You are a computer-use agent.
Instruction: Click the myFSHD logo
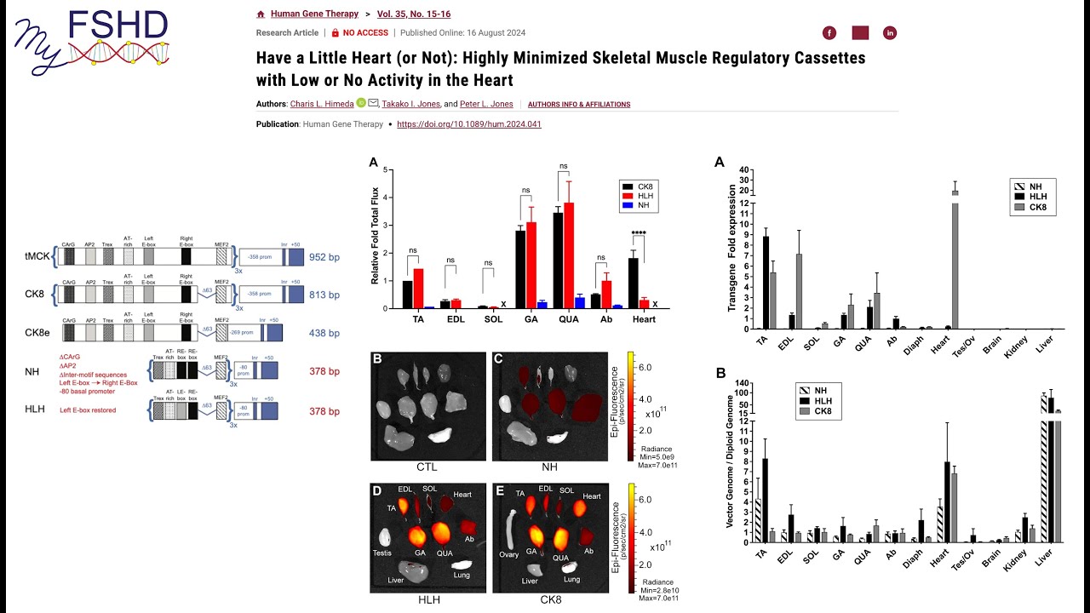click(x=92, y=37)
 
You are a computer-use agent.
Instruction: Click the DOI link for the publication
click(x=468, y=124)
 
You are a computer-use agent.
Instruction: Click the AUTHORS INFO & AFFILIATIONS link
click(x=579, y=105)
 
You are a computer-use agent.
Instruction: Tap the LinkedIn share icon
click(x=891, y=33)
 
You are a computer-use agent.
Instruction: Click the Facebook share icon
click(x=829, y=33)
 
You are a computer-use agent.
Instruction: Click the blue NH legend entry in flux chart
click(x=644, y=206)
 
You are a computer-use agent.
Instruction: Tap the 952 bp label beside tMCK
click(x=324, y=256)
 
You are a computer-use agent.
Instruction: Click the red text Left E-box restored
click(x=88, y=410)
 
